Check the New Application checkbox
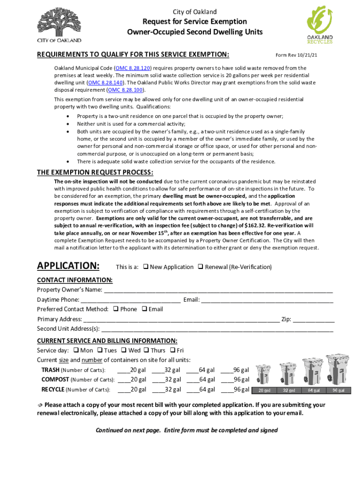[x=146, y=267]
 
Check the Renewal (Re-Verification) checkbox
[x=201, y=267]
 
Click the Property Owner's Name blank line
[x=218, y=290]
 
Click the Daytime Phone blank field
[x=130, y=300]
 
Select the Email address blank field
[x=267, y=300]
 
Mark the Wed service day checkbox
[x=123, y=350]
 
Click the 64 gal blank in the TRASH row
[x=192, y=370]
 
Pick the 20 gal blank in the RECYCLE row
[x=124, y=389]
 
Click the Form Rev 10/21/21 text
[x=295, y=55]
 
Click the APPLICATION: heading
[x=68, y=266]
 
